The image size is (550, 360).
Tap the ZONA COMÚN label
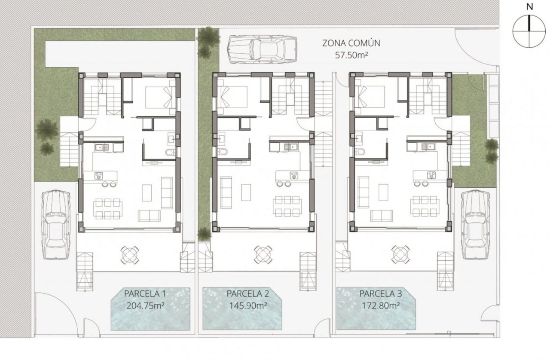(x=351, y=43)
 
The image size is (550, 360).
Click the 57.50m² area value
(x=351, y=55)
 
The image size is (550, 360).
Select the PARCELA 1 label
(x=145, y=294)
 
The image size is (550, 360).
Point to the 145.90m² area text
(x=248, y=306)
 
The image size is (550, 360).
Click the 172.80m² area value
(x=381, y=306)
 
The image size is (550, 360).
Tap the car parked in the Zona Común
(x=262, y=50)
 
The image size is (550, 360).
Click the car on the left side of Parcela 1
(x=56, y=224)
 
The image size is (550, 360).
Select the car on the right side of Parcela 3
(x=476, y=225)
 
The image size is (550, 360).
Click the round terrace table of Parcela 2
(x=263, y=255)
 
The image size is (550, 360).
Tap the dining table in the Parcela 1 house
(x=108, y=209)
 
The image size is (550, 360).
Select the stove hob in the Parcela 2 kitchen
(x=293, y=175)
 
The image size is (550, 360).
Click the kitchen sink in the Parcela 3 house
(x=428, y=147)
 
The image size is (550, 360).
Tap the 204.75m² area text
(x=145, y=306)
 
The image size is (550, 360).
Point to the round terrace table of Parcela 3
(x=400, y=255)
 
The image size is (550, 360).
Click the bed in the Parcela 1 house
(x=161, y=97)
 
